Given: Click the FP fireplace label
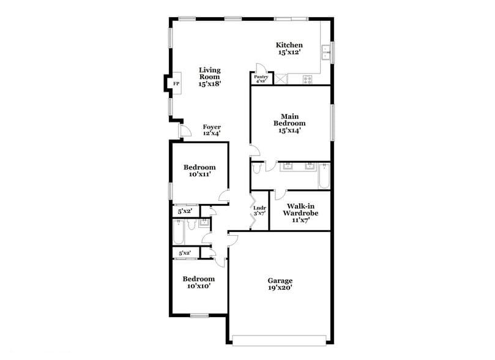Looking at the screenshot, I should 176,83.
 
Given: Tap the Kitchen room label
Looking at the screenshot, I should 289,49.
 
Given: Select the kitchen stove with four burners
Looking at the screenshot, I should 307,78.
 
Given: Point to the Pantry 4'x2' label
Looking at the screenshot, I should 261,78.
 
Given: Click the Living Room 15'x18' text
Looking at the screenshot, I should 209,77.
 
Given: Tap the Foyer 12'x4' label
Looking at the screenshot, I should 212,130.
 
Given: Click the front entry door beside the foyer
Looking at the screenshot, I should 182,131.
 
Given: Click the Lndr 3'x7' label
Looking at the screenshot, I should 259,210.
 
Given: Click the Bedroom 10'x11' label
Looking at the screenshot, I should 199,171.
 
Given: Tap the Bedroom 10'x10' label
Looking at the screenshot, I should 199,282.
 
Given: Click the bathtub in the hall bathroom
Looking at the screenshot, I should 179,233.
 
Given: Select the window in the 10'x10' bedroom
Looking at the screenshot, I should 199,316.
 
